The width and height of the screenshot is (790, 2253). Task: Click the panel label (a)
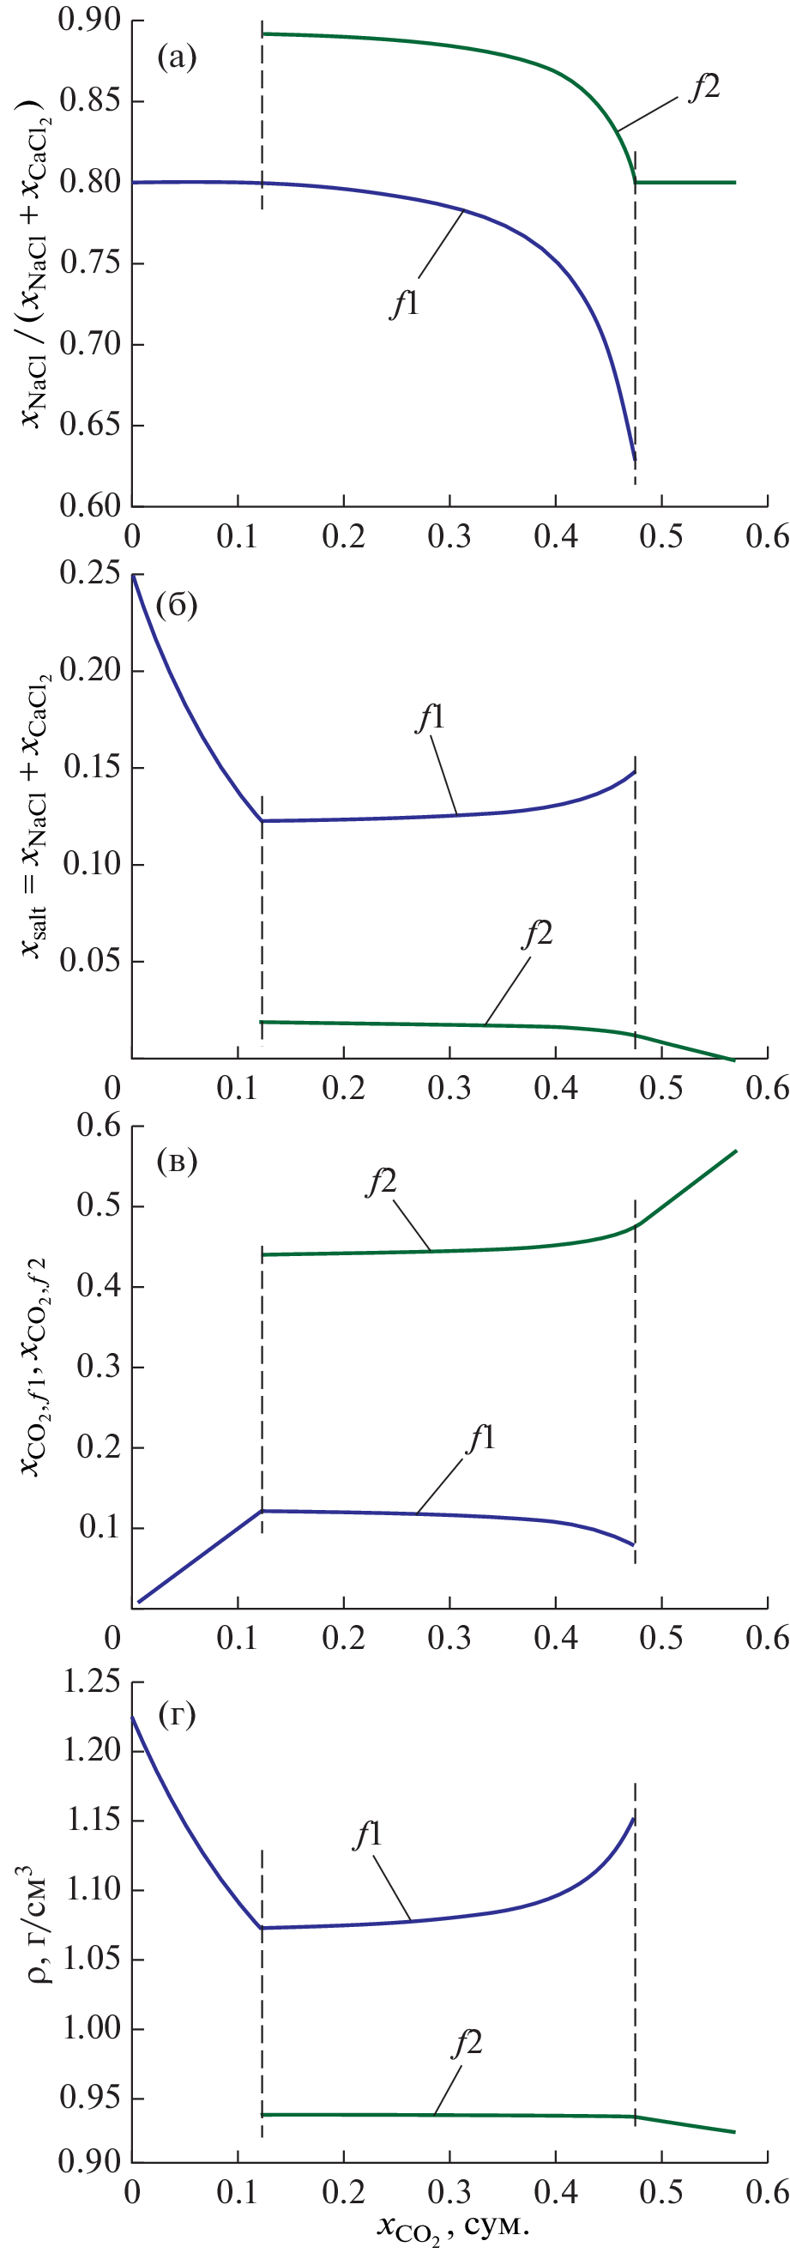coord(177,57)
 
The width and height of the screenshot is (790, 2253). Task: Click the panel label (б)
coord(177,604)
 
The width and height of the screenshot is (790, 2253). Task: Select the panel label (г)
coord(177,1715)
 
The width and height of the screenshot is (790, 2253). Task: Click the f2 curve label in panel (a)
coord(704,87)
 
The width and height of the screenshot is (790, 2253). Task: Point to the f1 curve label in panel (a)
coord(404,304)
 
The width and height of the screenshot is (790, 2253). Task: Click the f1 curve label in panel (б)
coord(431,718)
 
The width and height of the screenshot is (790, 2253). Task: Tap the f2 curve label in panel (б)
coord(537,934)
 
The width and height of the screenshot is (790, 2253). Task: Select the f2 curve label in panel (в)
coord(382,1181)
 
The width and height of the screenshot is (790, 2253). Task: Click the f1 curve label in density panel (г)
coord(368,1834)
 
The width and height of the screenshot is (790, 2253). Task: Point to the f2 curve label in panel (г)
coord(467,2044)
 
